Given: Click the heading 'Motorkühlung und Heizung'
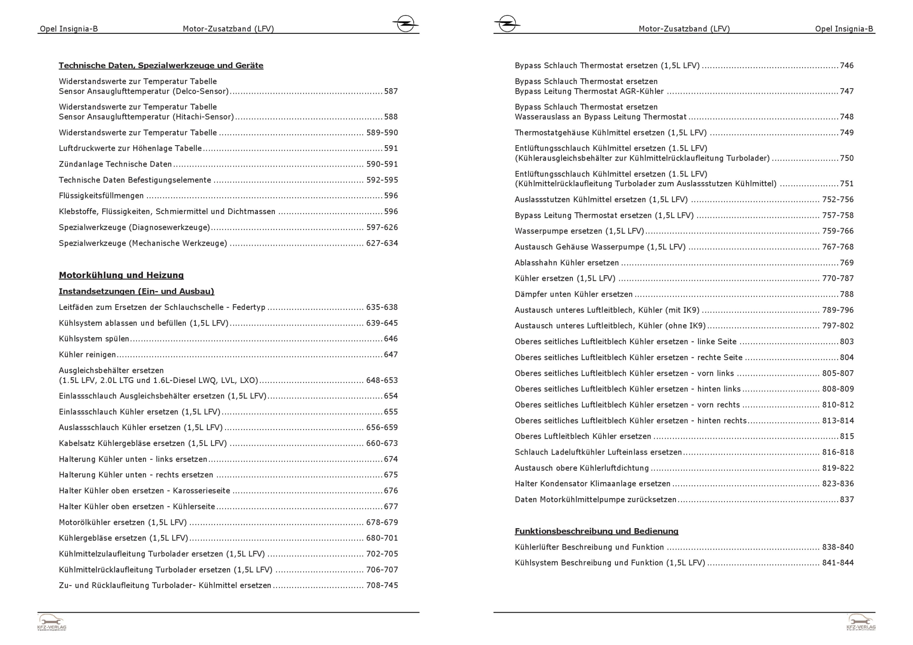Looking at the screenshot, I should point(121,275).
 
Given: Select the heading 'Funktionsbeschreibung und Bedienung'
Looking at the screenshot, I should point(596,531).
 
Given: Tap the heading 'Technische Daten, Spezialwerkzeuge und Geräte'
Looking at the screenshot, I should point(161,66).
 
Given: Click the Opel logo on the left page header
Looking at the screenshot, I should point(405,23).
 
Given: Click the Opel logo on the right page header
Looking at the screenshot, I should point(507,23).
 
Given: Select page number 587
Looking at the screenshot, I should point(391,91).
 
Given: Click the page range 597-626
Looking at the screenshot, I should point(382,227).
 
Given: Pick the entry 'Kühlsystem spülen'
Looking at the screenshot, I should point(94,339).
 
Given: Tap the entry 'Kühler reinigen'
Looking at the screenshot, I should point(87,355).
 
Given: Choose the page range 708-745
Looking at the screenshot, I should point(382,586).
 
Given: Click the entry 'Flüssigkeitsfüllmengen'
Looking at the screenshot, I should point(101,196).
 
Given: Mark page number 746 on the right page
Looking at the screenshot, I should point(846,66).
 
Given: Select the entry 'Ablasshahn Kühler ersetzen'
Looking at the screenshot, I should point(567,263).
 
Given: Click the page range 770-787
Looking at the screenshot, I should point(838,278).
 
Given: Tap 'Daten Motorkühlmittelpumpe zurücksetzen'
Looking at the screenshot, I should point(595,500).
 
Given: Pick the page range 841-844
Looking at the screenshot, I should point(838,563).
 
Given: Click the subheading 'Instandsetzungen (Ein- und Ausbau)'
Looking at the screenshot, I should point(136,291).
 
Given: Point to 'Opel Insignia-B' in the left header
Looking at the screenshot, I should point(69,29).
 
